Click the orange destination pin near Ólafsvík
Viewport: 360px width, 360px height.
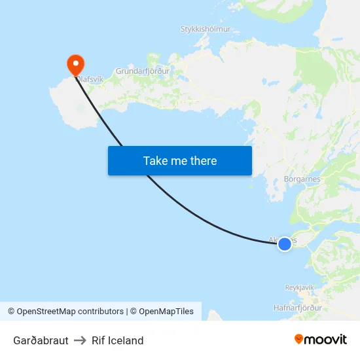(76, 64)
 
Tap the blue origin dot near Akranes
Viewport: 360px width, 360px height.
(285, 244)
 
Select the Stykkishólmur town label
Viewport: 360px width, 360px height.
(205, 29)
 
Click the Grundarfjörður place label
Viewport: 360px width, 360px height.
(142, 71)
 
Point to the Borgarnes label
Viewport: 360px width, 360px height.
(301, 179)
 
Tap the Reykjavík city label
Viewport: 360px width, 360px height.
(300, 287)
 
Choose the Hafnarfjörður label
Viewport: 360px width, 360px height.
(298, 308)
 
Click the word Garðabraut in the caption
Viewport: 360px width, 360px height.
(41, 340)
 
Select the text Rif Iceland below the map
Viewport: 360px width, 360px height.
(118, 340)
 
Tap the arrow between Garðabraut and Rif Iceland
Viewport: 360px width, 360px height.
(80, 340)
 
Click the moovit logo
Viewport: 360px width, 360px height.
(321, 339)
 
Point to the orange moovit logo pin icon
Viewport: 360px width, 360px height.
(299, 339)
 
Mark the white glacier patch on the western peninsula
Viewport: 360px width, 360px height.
(81, 109)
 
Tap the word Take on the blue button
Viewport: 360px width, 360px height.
(155, 161)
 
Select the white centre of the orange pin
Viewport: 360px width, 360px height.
(76, 63)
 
